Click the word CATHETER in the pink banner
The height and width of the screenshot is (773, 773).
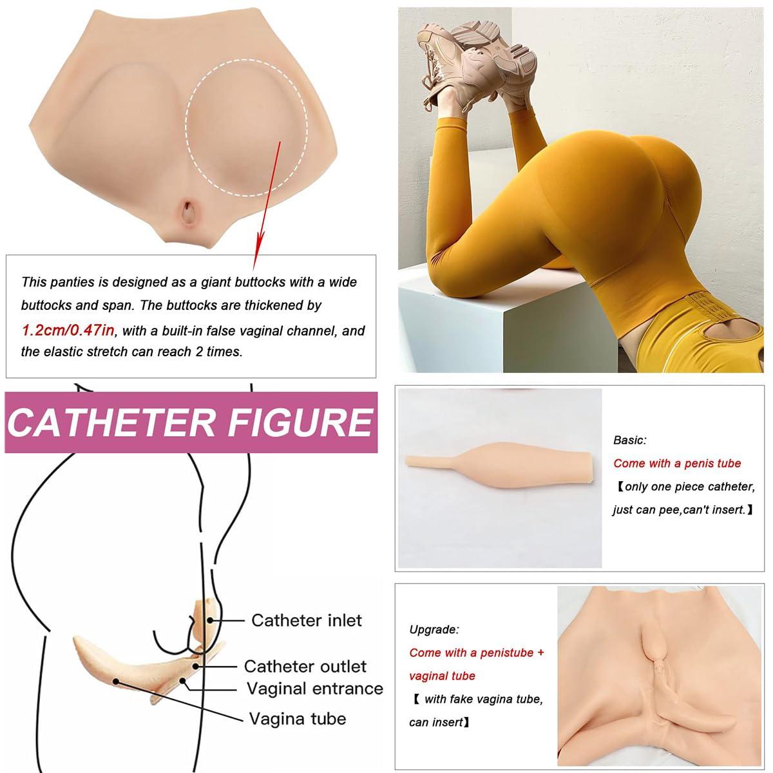(x=111, y=423)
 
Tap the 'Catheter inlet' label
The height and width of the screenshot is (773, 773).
(x=307, y=620)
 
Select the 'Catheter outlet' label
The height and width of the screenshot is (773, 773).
(x=305, y=666)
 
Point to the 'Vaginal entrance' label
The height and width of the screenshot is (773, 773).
(x=315, y=689)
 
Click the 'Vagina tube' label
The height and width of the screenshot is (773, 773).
(x=297, y=718)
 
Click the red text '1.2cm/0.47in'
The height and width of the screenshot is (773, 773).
(x=68, y=330)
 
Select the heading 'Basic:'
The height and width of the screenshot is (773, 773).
(x=630, y=440)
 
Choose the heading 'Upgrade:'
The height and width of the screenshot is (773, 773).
(x=434, y=630)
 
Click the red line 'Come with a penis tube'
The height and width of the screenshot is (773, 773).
(x=677, y=463)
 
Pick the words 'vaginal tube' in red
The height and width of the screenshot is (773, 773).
(x=442, y=676)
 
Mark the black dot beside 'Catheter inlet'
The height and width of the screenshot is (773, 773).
(x=210, y=620)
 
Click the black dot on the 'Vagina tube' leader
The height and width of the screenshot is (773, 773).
(x=116, y=681)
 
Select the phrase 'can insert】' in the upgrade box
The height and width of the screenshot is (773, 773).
(x=439, y=723)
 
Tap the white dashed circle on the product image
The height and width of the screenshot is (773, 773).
(x=187, y=128)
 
